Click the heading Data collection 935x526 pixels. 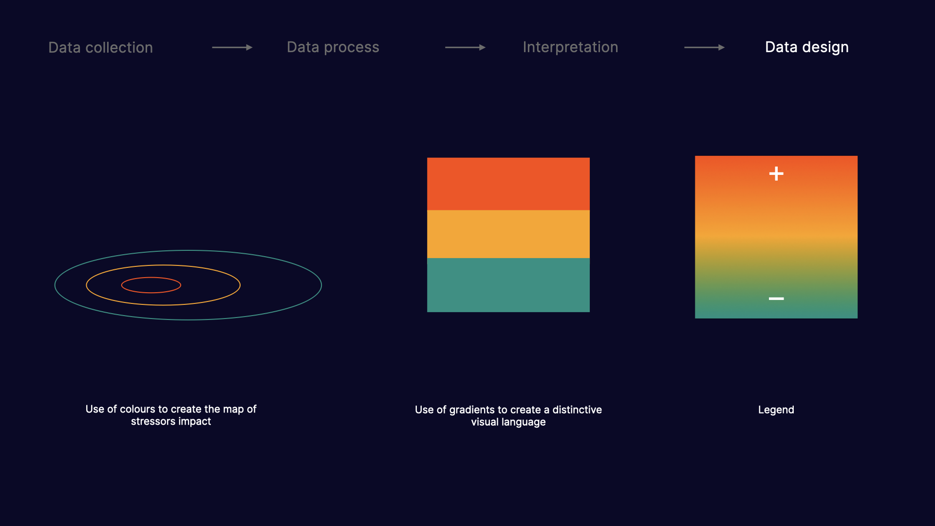pos(100,47)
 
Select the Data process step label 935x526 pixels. pos(333,47)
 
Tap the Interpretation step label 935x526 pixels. pos(570,47)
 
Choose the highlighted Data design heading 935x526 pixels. pos(806,47)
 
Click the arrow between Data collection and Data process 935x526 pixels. pos(232,47)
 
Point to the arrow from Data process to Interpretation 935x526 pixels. pos(465,47)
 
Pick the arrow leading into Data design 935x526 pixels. pos(704,47)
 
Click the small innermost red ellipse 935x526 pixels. pos(151,277)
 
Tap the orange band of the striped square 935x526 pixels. pos(508,234)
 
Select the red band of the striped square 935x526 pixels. pos(508,184)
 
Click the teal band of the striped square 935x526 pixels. pos(508,285)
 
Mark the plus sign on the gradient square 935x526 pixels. pos(776,173)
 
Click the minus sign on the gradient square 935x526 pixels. pos(776,299)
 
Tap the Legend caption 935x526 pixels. pos(776,410)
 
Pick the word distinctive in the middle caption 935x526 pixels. pos(577,410)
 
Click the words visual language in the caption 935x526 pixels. pos(508,422)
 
